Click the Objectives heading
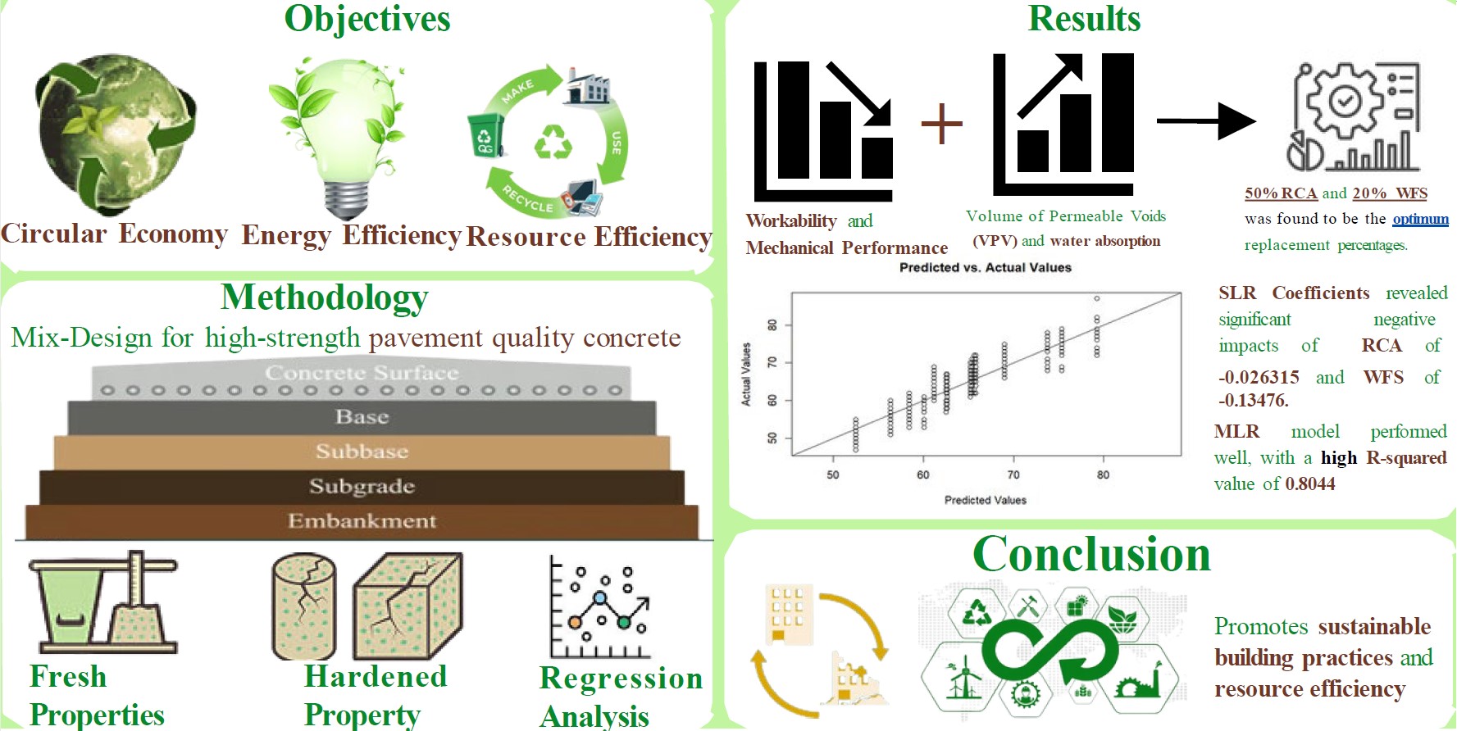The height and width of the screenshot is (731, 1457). [367, 19]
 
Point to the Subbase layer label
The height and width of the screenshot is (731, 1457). [362, 452]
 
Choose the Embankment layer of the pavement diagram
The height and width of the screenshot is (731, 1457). [362, 521]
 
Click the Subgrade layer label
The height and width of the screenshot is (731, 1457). [362, 486]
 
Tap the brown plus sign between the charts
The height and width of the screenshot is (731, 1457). [941, 124]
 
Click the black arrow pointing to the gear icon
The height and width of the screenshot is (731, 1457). [1205, 121]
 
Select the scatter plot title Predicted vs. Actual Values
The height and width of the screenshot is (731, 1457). [985, 267]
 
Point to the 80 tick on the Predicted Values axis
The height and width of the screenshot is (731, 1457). [1103, 474]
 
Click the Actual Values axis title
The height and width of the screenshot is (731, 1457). [746, 374]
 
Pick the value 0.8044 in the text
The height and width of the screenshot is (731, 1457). [1310, 484]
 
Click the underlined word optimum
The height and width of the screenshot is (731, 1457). [1420, 219]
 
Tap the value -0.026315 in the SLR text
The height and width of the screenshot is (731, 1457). [1259, 377]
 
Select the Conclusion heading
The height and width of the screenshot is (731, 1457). [1091, 554]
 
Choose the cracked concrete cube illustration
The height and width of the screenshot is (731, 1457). [408, 606]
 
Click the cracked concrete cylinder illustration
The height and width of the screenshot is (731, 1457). [303, 606]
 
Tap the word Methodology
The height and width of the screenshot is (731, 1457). [325, 297]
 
